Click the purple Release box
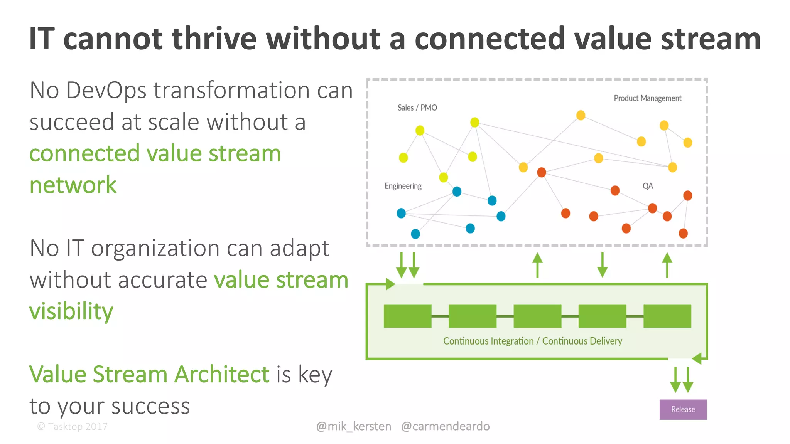click(683, 409)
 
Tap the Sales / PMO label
click(417, 108)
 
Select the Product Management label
click(647, 98)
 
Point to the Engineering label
click(403, 186)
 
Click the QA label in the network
click(648, 186)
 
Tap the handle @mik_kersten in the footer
click(353, 426)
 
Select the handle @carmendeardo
click(445, 426)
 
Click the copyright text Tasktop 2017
click(73, 427)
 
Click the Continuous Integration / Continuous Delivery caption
click(532, 341)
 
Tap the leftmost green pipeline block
click(407, 316)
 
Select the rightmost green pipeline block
click(667, 316)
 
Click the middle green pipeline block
click(537, 316)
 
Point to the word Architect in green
click(222, 374)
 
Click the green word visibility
click(71, 311)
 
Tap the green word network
click(73, 185)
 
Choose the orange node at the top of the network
click(581, 115)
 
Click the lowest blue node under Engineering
click(415, 234)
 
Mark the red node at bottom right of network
click(683, 233)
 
